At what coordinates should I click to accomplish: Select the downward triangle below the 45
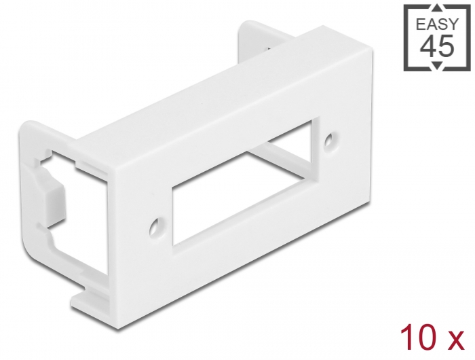click(438, 67)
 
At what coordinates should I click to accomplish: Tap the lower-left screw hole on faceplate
click(155, 225)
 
